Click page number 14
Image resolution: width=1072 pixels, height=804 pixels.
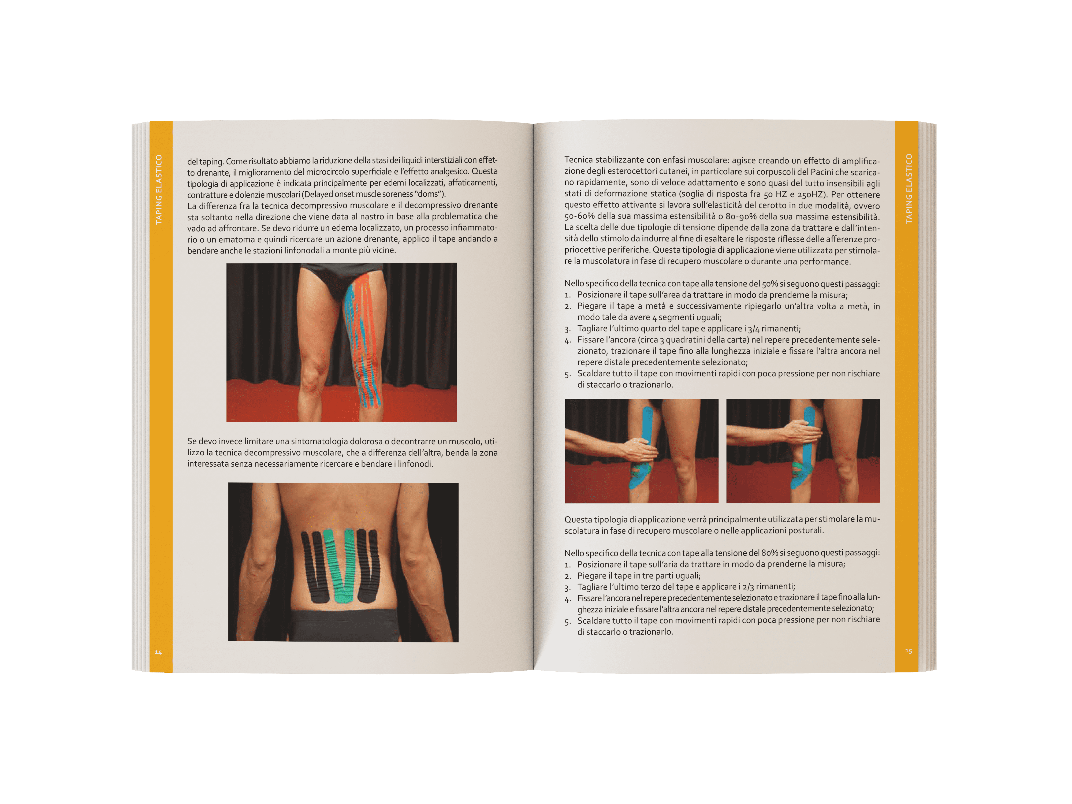pos(158,652)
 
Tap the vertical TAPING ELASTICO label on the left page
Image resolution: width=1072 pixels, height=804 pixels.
pos(158,189)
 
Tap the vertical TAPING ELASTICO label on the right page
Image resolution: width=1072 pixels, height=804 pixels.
pos(909,188)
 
